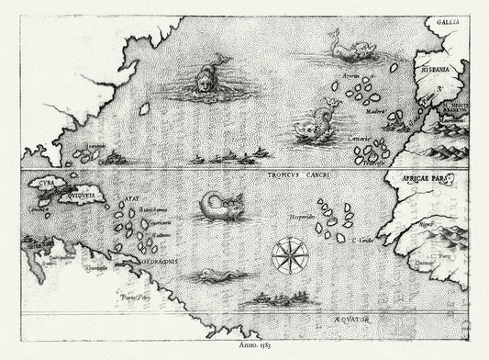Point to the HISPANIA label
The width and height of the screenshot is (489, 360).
pos(435,67)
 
